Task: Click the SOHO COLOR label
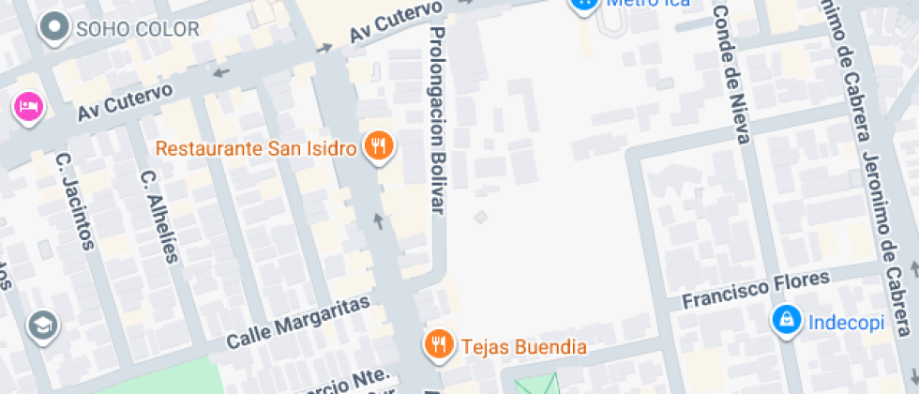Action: click(138, 29)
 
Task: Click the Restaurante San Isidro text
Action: click(256, 148)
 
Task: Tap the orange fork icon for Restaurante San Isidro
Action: click(379, 146)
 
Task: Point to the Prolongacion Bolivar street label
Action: click(437, 119)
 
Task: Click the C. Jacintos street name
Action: click(76, 202)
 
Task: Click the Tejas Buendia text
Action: click(524, 346)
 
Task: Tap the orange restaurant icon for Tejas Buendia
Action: click(437, 345)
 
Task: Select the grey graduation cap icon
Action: click(44, 326)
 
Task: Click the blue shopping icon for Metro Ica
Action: click(584, 4)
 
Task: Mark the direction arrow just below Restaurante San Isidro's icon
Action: click(379, 221)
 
